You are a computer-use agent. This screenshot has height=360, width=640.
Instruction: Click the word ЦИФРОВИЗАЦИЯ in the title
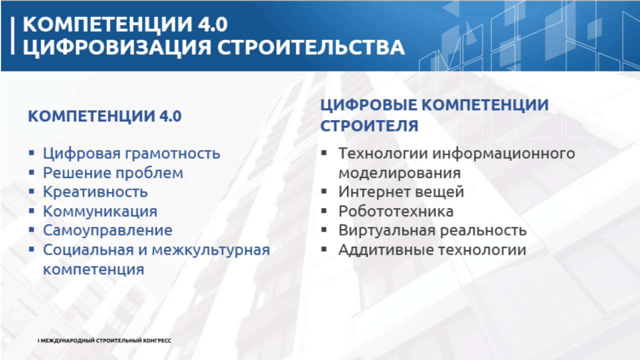pyautogui.click(x=117, y=47)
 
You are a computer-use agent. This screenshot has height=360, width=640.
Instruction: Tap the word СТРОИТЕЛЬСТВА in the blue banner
pyautogui.click(x=311, y=47)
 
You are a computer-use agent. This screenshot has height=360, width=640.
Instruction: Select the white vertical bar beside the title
pyautogui.click(x=12, y=35)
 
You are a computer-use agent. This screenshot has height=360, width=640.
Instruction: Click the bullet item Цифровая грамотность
pyautogui.click(x=131, y=153)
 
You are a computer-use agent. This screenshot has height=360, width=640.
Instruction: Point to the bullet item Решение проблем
pyautogui.click(x=113, y=173)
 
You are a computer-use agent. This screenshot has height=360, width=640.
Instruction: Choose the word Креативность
pyautogui.click(x=95, y=191)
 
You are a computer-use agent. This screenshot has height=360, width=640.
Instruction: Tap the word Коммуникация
pyautogui.click(x=100, y=211)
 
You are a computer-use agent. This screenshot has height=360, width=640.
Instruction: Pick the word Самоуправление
pyautogui.click(x=107, y=230)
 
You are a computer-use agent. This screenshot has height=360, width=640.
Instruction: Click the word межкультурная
pyautogui.click(x=210, y=250)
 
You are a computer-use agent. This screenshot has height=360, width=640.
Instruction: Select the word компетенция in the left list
pyautogui.click(x=93, y=269)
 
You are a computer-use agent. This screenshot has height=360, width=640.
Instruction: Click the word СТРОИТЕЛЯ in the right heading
pyautogui.click(x=369, y=125)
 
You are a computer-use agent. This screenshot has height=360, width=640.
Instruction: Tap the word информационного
pyautogui.click(x=503, y=153)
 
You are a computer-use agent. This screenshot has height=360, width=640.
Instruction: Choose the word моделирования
pyautogui.click(x=399, y=173)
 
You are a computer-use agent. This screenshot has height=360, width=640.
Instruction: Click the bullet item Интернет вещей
pyautogui.click(x=401, y=191)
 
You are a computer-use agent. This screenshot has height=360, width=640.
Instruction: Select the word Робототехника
pyautogui.click(x=395, y=211)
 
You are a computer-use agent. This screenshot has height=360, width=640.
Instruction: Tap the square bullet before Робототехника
pyautogui.click(x=323, y=211)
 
